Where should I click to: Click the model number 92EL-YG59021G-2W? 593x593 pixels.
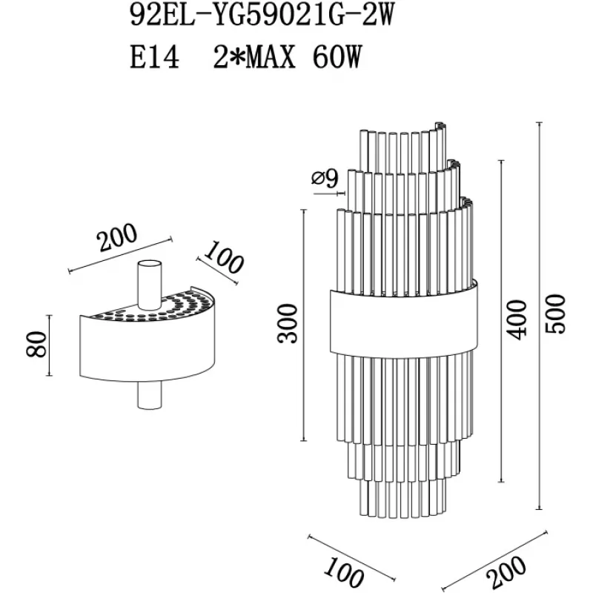(262, 16)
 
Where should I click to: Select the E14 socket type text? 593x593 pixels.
(154, 58)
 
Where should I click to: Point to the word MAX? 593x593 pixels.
(270, 58)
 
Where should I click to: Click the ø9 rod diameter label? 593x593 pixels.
(325, 179)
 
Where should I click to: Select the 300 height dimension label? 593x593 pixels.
(288, 324)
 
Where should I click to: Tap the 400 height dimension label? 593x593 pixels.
(517, 320)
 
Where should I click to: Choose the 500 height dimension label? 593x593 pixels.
(555, 314)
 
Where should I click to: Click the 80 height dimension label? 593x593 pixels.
(36, 344)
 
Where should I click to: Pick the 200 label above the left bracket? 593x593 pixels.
(116, 238)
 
